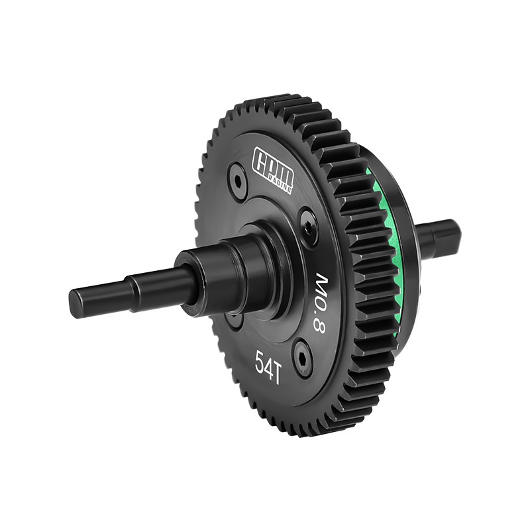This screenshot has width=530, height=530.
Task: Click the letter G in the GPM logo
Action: coord(261,158)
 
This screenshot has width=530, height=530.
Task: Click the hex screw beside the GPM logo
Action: coord(237,178)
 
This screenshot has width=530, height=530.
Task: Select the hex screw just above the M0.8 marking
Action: coord(308,222)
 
